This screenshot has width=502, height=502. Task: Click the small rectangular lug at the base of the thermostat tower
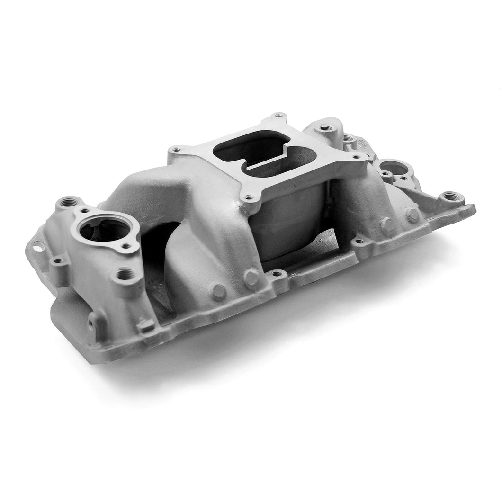(146, 325)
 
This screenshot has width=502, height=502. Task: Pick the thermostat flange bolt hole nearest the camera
(126, 245)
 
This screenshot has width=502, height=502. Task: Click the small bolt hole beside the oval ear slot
(58, 260)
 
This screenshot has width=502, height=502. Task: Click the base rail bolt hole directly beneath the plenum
(276, 273)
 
